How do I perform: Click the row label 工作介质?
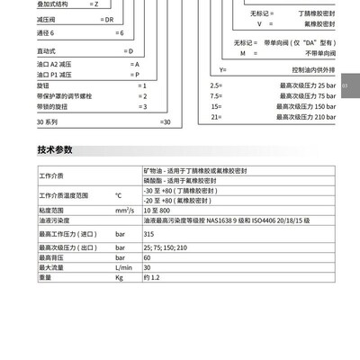pyautogui.click(x=51, y=175)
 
